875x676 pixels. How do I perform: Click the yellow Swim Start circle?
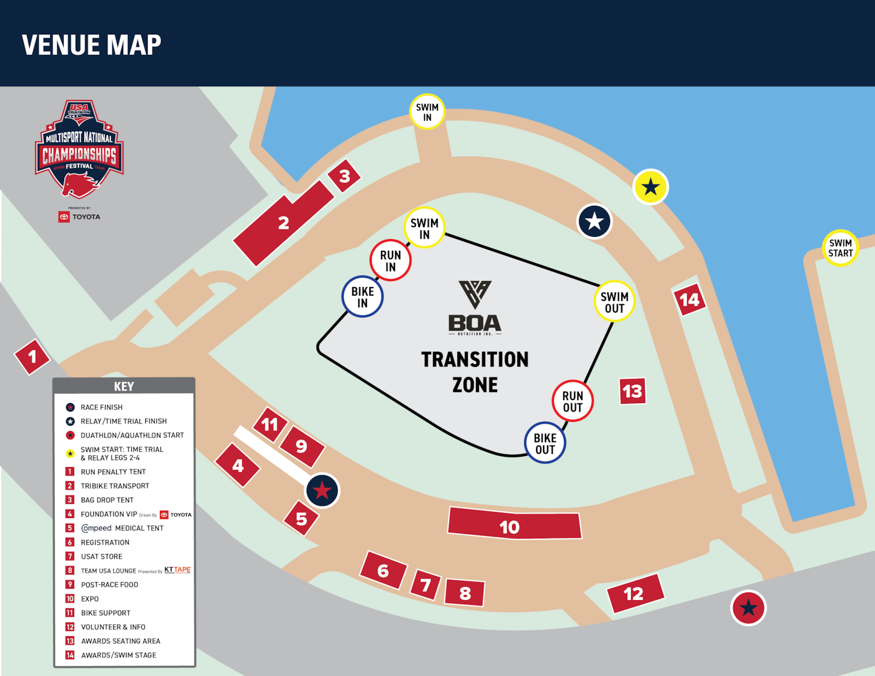click(840, 248)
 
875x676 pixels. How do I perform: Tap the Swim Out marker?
click(614, 302)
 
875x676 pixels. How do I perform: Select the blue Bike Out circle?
click(545, 443)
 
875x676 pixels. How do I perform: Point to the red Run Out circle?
click(572, 401)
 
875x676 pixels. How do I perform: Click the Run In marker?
click(390, 261)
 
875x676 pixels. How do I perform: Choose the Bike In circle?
click(362, 297)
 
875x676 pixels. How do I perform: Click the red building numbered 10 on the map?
click(514, 523)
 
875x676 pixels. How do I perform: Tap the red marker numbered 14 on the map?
click(689, 300)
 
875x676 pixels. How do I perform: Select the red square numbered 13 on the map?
click(632, 391)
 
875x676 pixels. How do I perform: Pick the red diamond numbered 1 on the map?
click(32, 356)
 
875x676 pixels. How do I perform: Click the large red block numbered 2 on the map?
click(283, 223)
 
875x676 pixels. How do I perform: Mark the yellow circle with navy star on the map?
click(650, 187)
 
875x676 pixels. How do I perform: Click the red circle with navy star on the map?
click(748, 608)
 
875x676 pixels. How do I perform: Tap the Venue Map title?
click(92, 45)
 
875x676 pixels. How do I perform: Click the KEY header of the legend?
click(124, 386)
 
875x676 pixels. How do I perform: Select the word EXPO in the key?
click(90, 599)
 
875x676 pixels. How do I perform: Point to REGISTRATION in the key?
click(105, 542)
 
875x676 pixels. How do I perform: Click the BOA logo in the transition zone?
click(475, 308)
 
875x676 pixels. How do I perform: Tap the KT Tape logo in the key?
click(177, 570)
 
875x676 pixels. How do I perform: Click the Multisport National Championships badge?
click(79, 149)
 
